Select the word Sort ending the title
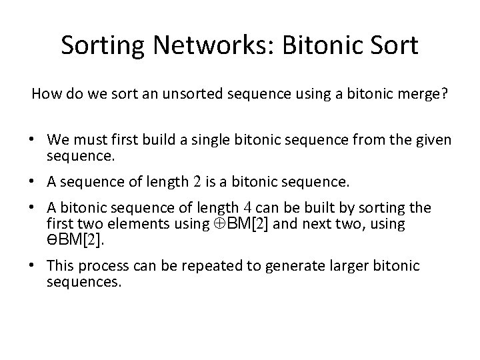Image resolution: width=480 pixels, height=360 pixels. [394, 45]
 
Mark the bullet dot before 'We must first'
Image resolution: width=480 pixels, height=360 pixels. [31, 140]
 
